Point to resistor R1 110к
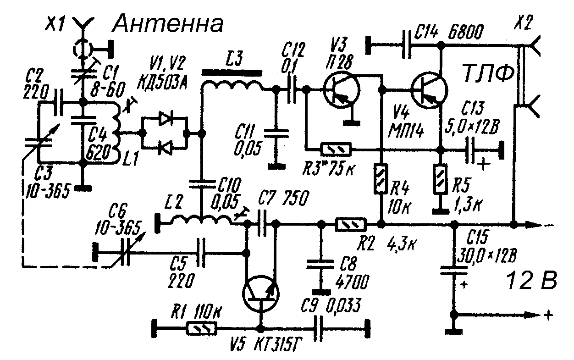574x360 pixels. coord(202,328)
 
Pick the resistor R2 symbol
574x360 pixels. coord(351,224)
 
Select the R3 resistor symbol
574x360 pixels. coord(337,149)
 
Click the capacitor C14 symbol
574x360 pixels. coord(406,45)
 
